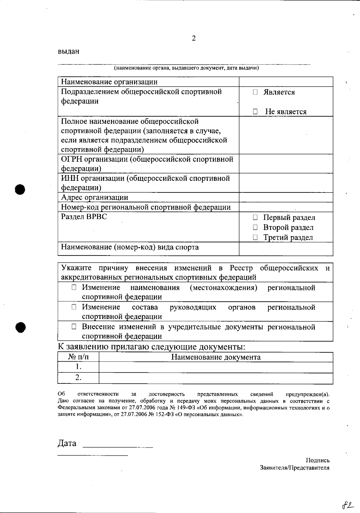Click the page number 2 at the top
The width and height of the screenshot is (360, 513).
[x=193, y=38]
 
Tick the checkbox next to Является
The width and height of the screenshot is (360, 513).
[x=255, y=92]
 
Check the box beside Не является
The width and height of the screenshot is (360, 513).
[x=255, y=112]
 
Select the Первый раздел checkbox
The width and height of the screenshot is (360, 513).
[x=255, y=217]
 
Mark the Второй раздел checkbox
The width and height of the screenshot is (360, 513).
[x=255, y=228]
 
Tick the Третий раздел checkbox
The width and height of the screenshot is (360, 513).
[x=255, y=237]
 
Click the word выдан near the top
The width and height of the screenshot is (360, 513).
[x=68, y=51]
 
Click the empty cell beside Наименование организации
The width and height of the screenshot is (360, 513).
[x=286, y=82]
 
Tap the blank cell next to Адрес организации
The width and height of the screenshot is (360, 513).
[x=286, y=197]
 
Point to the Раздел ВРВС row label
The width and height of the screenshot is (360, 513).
[x=84, y=217]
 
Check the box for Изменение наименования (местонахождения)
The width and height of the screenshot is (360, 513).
[x=74, y=288]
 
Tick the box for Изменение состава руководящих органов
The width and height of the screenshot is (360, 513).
[x=74, y=307]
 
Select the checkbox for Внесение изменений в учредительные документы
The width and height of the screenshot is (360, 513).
[x=74, y=327]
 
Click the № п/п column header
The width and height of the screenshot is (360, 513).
[x=78, y=357]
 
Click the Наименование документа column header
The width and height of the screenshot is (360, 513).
[x=216, y=357]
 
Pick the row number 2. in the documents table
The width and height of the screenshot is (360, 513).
[x=78, y=377]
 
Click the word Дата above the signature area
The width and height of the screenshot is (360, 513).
[x=67, y=443]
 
